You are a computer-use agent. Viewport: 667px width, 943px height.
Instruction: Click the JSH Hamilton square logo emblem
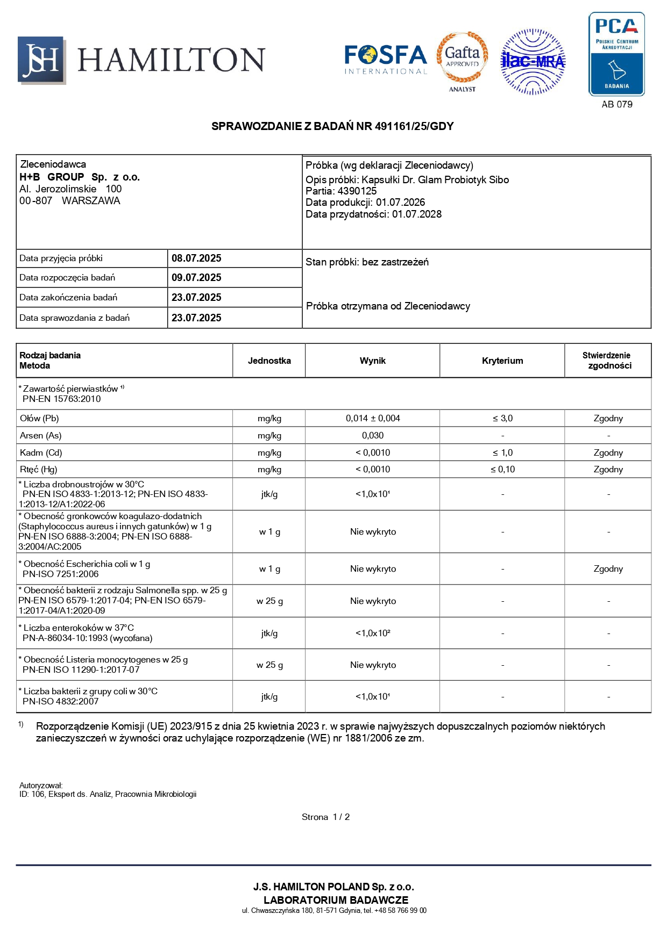tap(41, 60)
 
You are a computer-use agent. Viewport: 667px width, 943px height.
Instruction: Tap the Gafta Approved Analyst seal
tap(462, 60)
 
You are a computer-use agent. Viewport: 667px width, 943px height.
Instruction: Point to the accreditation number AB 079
tap(617, 104)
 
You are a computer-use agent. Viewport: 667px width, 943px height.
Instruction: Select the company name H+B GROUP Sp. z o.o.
tap(80, 177)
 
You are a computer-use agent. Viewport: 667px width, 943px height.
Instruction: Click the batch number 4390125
tap(357, 191)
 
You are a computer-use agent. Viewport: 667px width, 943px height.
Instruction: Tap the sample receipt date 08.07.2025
tap(196, 258)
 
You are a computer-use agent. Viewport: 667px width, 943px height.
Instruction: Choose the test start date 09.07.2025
tap(196, 278)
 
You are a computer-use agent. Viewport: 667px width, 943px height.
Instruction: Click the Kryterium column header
tap(502, 361)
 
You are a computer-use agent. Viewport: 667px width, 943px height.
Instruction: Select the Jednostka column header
tap(269, 361)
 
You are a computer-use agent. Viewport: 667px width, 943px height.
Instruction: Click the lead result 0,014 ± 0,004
tap(373, 418)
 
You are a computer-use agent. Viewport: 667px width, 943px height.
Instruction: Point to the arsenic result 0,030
tap(373, 435)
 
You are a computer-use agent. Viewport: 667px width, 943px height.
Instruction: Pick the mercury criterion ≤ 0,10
tap(502, 469)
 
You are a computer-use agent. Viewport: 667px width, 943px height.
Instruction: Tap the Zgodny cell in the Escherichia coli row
tap(608, 568)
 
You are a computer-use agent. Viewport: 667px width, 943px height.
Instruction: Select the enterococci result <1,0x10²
tap(373, 633)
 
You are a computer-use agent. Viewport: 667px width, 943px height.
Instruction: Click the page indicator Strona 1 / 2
tap(325, 817)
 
